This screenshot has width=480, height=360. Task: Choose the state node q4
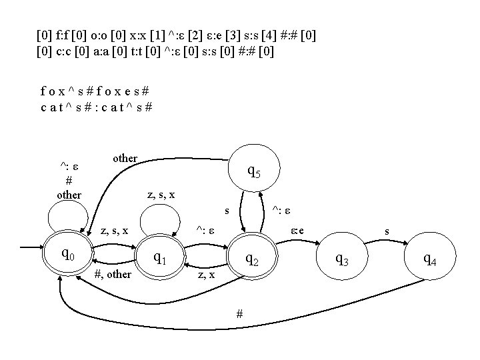click(430, 259)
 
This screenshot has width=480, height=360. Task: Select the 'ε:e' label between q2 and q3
click(297, 230)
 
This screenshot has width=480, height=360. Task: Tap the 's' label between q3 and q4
click(387, 231)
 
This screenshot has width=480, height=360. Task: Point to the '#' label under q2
click(239, 313)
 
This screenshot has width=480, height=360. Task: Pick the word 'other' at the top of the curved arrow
click(125, 158)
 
